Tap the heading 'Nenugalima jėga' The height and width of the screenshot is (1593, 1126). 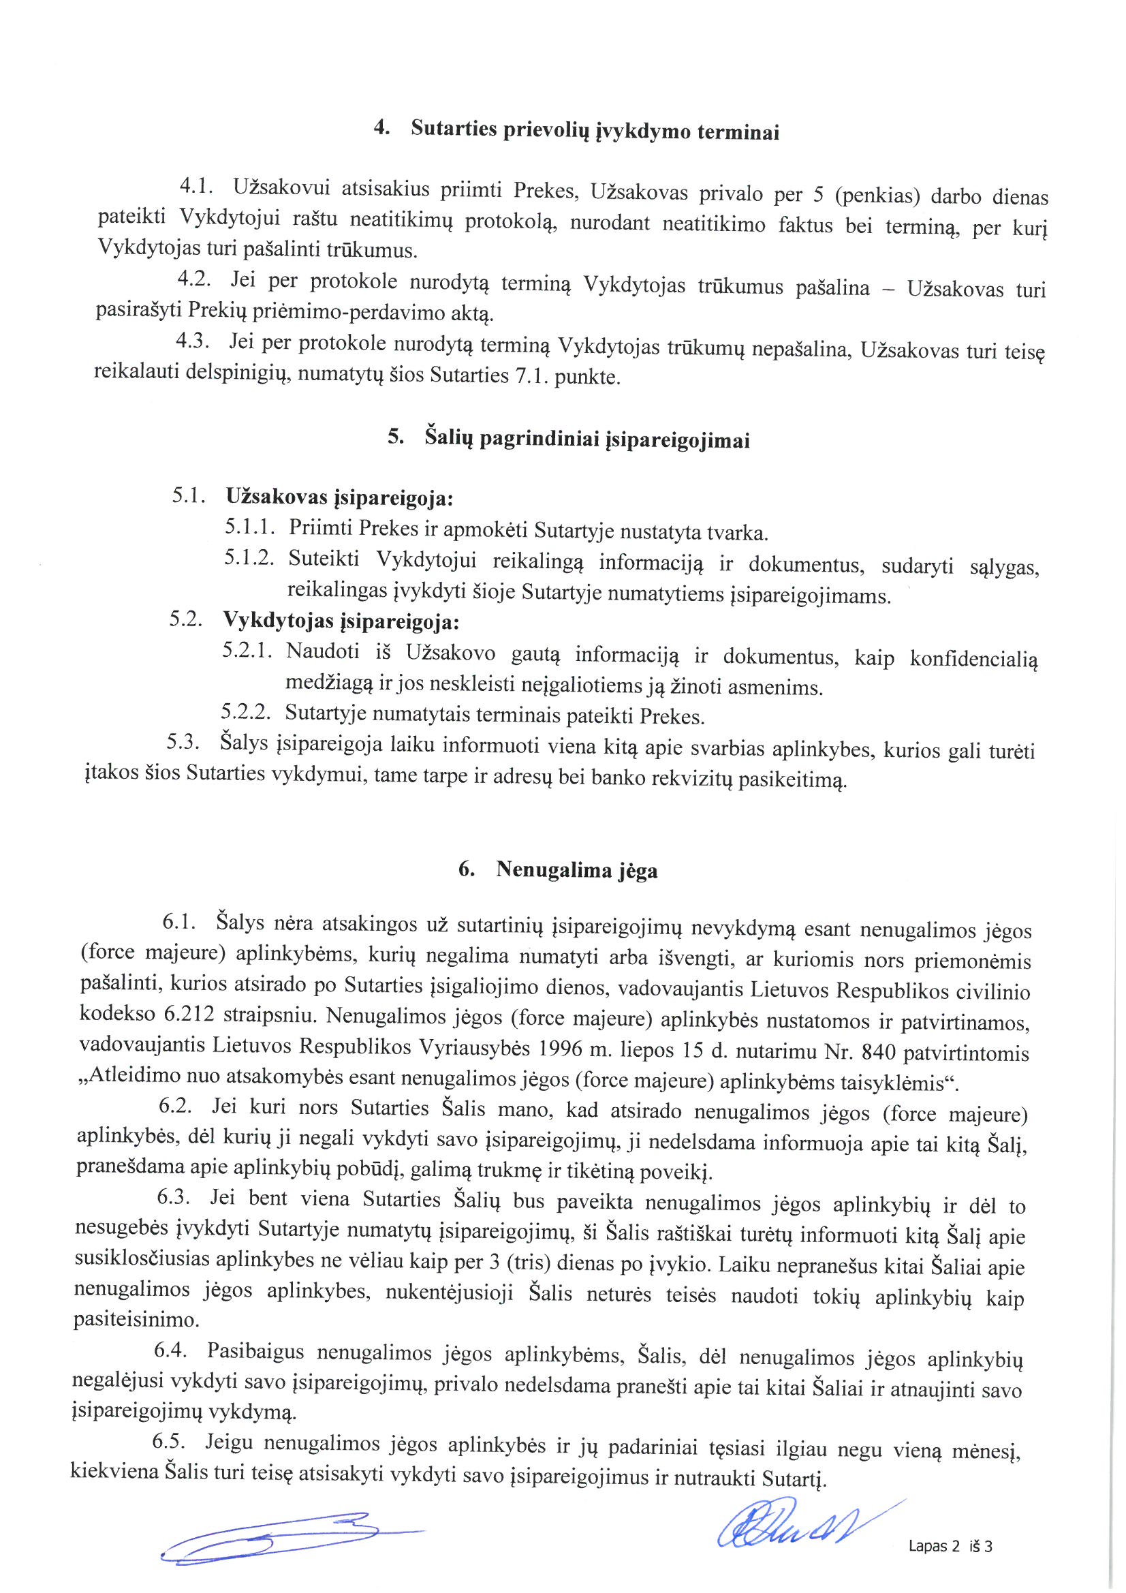pyautogui.click(x=576, y=870)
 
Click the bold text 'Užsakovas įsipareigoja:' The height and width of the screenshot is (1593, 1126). pyautogui.click(x=339, y=497)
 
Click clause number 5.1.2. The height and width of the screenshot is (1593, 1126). pyautogui.click(x=249, y=559)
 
